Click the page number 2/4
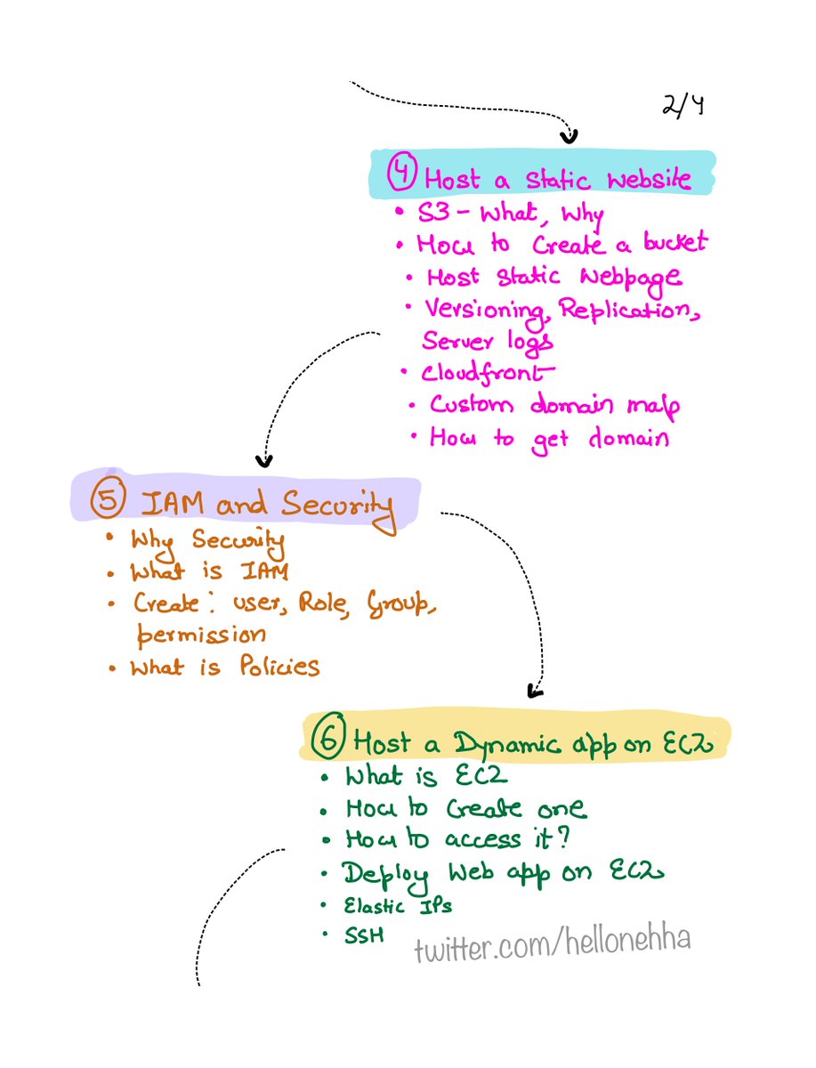[x=683, y=107]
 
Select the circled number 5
[x=109, y=503]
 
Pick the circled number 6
[x=329, y=739]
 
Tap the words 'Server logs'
[x=487, y=341]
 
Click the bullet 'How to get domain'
[x=548, y=438]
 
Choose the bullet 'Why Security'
[x=206, y=540]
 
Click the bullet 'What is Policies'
[x=224, y=667]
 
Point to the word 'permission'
[x=201, y=634]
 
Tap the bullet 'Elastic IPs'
[x=398, y=906]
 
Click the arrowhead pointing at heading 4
[x=568, y=136]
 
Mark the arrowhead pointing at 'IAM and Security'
[x=263, y=460]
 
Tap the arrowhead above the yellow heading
[x=535, y=690]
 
